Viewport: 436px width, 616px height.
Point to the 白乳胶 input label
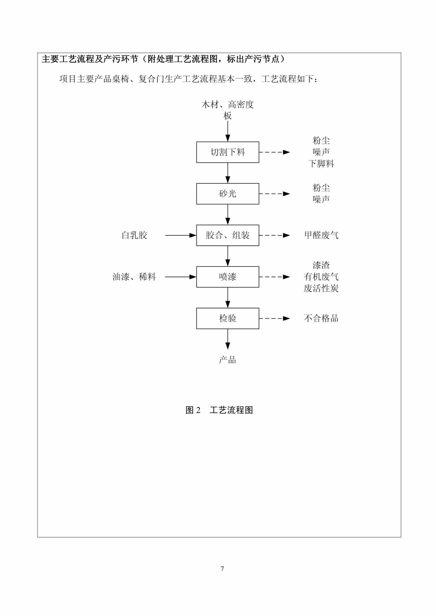coord(134,235)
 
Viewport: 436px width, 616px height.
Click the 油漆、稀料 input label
coord(134,277)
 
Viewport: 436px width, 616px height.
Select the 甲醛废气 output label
coord(321,235)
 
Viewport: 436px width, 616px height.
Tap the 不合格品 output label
coord(321,318)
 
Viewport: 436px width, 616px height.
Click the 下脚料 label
coord(321,164)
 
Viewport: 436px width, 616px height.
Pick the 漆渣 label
coord(321,265)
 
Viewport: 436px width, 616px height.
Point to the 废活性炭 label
coord(321,288)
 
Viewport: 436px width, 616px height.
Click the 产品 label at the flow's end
coord(228,360)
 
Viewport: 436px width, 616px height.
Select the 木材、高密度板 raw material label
coord(228,110)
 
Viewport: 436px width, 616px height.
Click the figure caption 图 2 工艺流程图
coord(219,410)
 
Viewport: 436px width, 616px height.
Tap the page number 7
coord(222,569)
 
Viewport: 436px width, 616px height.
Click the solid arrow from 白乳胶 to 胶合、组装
coord(181,235)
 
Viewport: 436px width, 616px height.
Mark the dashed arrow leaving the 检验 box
coord(275,319)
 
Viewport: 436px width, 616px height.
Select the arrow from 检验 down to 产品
coord(228,339)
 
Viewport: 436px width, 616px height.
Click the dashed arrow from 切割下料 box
coord(275,152)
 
